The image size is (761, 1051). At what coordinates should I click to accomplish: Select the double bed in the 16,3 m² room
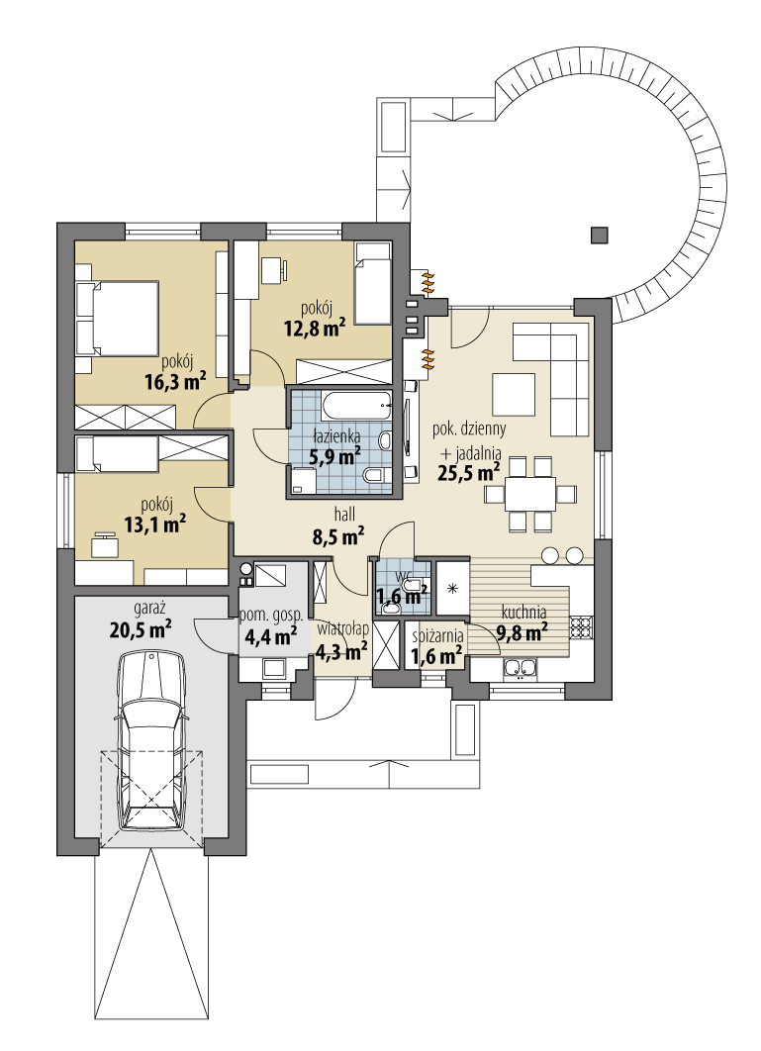click(x=118, y=319)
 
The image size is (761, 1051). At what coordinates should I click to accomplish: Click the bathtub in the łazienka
click(x=356, y=406)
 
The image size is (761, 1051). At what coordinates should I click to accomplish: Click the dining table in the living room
click(x=530, y=494)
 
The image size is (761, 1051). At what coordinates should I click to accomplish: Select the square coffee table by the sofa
click(x=514, y=395)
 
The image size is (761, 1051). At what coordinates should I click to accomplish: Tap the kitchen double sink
click(x=520, y=668)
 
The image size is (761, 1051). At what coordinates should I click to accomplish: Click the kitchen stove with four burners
click(x=581, y=626)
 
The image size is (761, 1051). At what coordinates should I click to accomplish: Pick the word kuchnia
click(x=523, y=612)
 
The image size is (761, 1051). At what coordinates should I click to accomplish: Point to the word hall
click(x=344, y=515)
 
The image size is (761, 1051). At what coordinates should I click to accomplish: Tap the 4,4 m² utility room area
click(x=271, y=636)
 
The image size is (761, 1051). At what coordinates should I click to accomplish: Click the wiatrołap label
click(x=342, y=629)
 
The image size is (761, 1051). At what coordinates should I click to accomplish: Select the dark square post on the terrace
click(x=599, y=235)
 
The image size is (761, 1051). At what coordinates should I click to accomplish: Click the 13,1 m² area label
click(x=155, y=525)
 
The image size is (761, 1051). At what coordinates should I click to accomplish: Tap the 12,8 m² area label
click(x=315, y=328)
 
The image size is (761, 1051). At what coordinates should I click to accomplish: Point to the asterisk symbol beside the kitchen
click(x=452, y=589)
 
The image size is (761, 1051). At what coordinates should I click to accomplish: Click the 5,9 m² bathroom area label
click(x=334, y=457)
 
